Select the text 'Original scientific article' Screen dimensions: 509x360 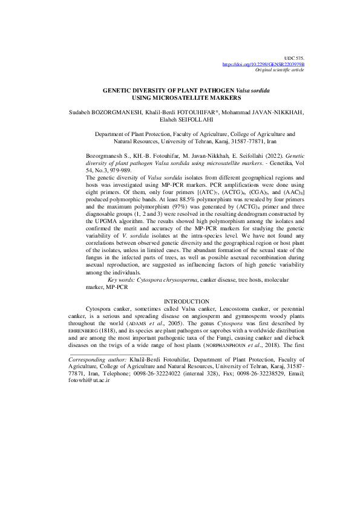point(280,70)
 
